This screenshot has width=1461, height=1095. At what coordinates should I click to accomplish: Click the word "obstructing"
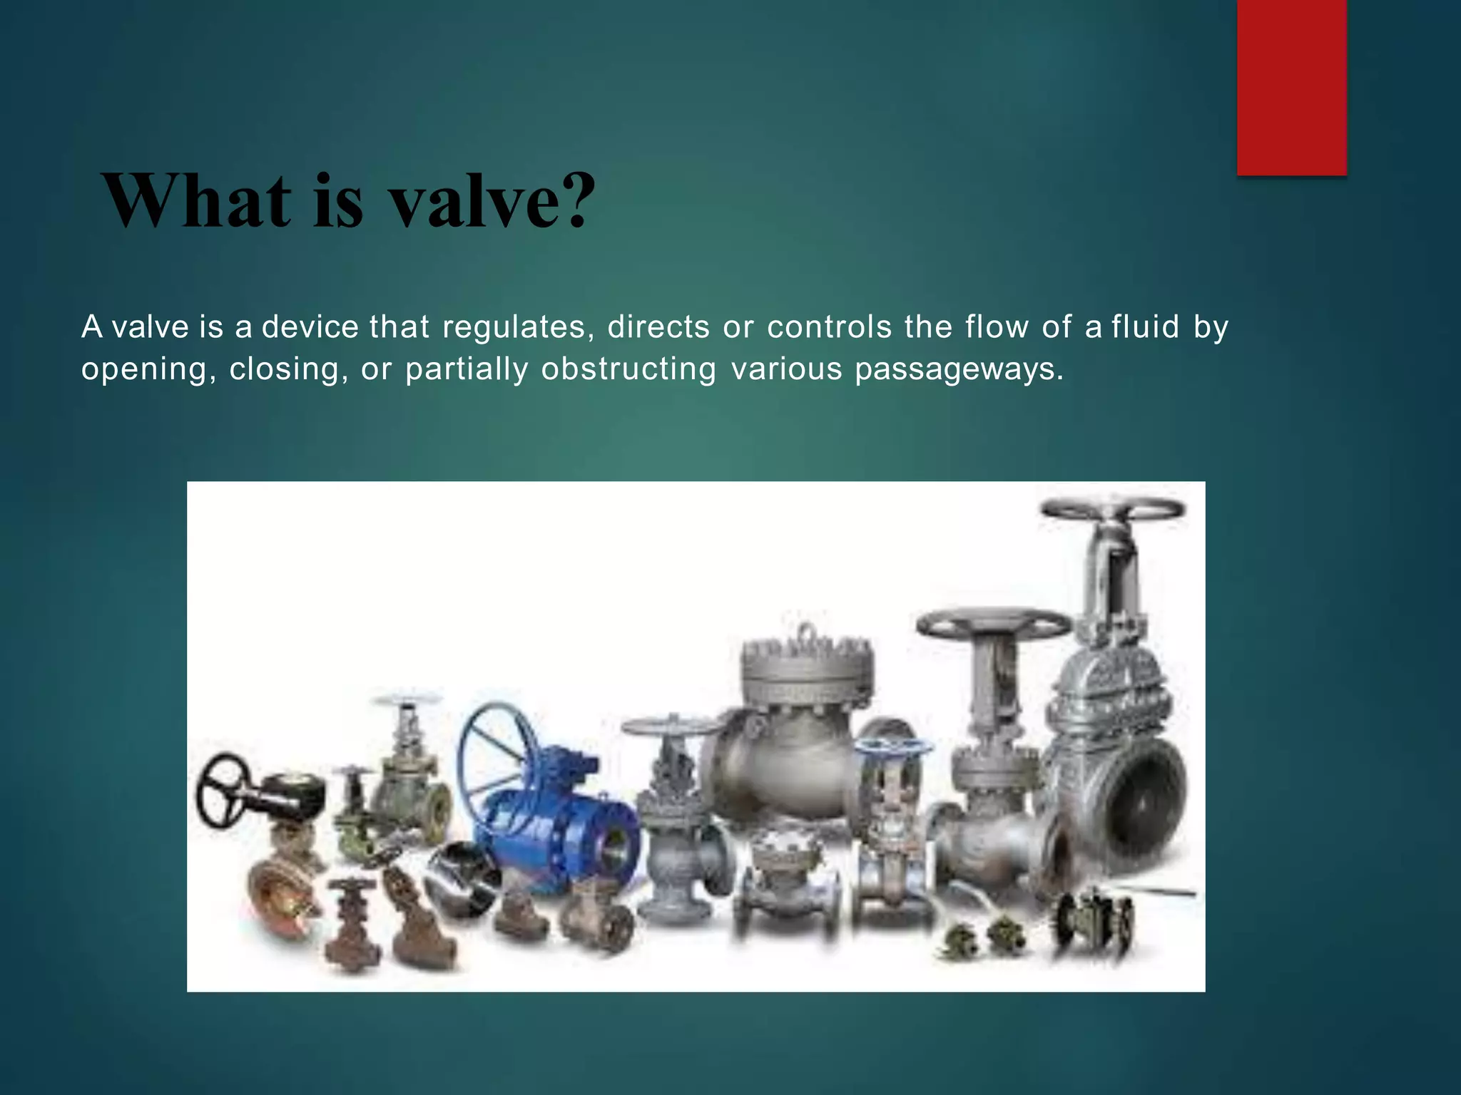pos(628,369)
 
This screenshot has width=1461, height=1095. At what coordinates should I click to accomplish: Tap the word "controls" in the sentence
pos(829,327)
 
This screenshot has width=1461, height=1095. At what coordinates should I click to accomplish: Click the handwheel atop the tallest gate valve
pos(1113,510)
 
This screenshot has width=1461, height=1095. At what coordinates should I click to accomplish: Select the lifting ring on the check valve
pos(807,632)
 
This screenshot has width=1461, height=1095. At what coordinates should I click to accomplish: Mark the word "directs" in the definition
pos(658,327)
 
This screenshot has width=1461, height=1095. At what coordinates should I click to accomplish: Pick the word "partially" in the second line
pos(467,369)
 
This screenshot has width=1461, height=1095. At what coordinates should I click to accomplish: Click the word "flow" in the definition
pos(997,327)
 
